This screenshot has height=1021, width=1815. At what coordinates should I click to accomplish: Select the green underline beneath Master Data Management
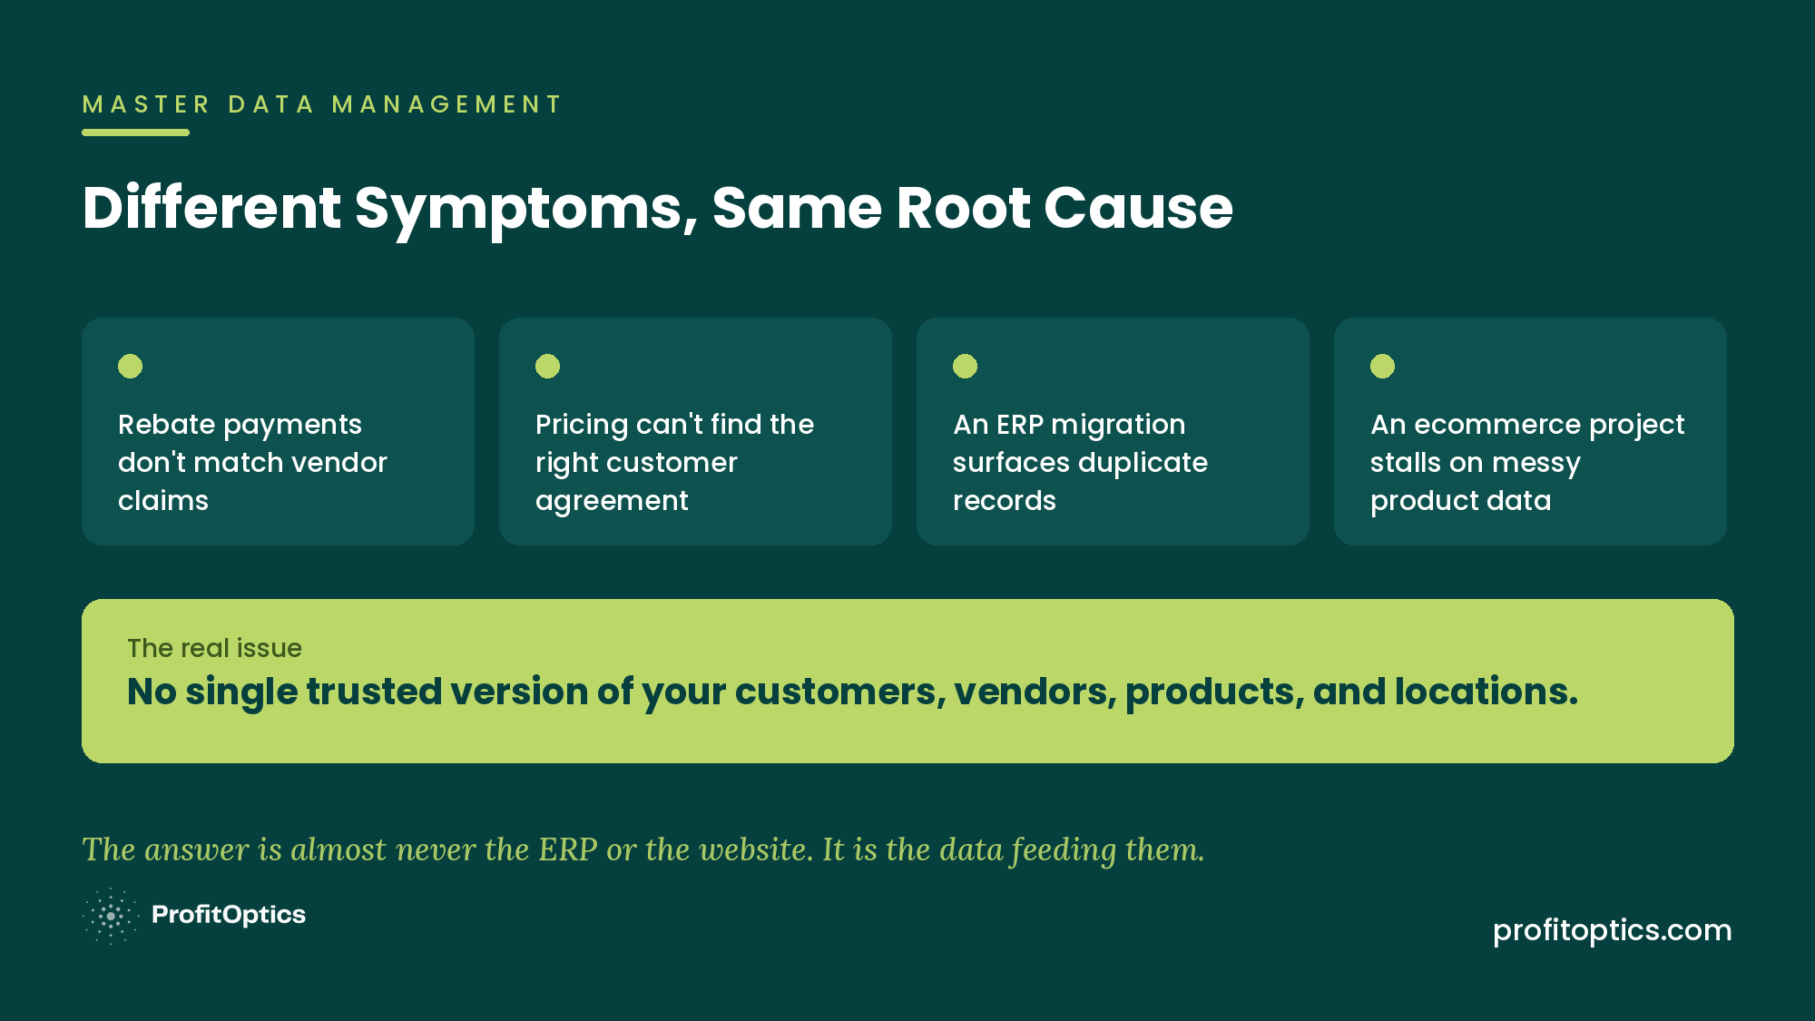(x=135, y=133)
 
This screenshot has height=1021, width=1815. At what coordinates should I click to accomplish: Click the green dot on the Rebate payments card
(x=130, y=366)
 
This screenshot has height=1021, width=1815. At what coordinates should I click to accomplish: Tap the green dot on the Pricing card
(x=547, y=366)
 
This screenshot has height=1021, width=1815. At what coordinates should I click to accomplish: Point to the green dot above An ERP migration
(x=965, y=366)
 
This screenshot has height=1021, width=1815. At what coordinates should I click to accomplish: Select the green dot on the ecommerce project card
(x=1382, y=366)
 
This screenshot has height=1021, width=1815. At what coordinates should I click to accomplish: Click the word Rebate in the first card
(x=166, y=424)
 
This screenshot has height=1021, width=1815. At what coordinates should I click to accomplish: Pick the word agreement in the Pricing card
(x=612, y=502)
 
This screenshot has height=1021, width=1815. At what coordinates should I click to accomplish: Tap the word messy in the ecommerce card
(x=1536, y=464)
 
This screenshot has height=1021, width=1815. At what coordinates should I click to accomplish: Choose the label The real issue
(x=214, y=648)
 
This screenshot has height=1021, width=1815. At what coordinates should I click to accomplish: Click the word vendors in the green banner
(x=1035, y=692)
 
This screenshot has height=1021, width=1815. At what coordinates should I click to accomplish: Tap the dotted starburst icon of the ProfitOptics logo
(x=111, y=917)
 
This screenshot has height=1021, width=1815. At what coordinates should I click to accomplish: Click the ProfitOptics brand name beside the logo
(x=229, y=915)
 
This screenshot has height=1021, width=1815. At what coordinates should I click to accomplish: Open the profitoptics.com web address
(x=1613, y=931)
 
